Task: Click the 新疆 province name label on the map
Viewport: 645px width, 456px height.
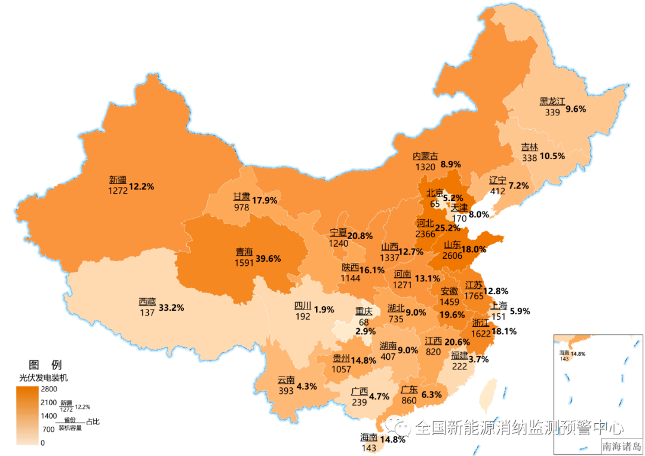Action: point(118,179)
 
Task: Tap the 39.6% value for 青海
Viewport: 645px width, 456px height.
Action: point(268,258)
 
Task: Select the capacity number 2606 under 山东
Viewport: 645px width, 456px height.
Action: point(453,256)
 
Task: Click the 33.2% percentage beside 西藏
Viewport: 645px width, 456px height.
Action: point(171,308)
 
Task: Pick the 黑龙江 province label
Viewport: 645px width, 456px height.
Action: point(552,101)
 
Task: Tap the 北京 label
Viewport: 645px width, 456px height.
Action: point(435,193)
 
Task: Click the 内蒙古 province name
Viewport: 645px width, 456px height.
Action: point(425,156)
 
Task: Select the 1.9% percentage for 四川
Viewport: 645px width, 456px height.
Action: point(324,310)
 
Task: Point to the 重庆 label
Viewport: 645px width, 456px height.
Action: point(364,311)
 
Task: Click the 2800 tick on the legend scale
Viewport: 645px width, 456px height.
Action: point(48,389)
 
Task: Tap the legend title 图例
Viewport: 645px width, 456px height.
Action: point(45,365)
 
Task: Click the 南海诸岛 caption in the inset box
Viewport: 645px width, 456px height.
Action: point(621,446)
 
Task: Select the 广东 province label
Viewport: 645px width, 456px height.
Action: point(409,390)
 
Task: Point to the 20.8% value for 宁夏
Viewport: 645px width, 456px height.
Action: point(360,236)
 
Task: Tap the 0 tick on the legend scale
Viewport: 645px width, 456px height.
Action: point(42,443)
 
